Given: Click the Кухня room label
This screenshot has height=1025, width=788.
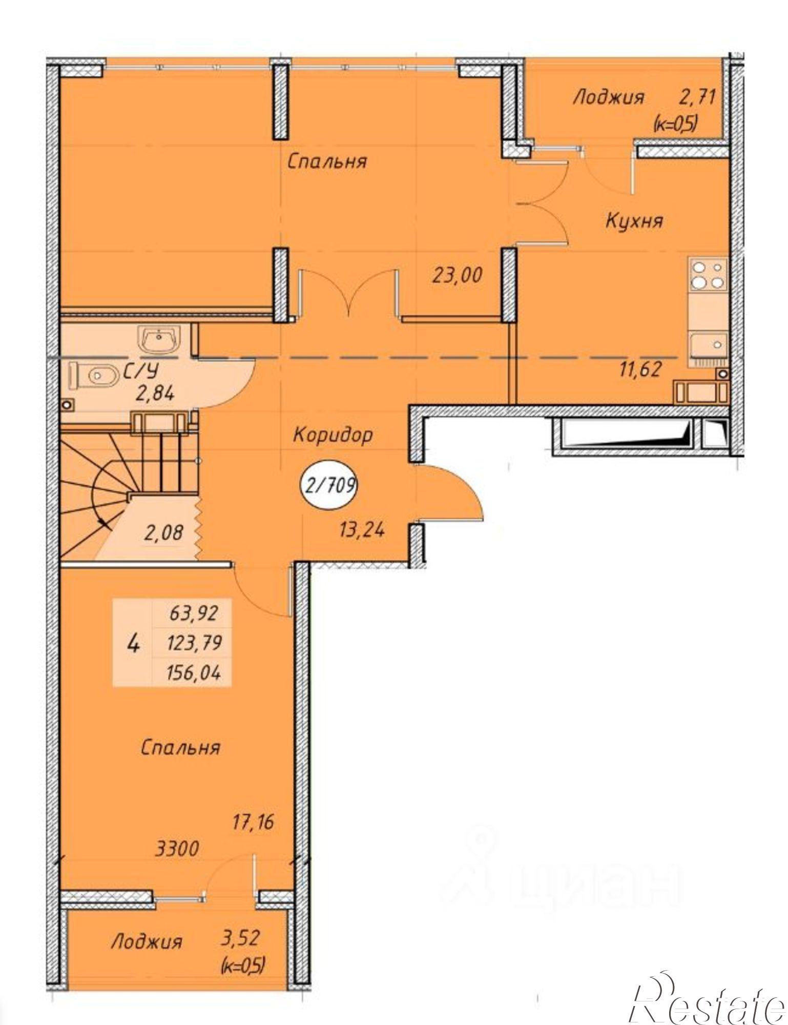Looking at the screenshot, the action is (634, 221).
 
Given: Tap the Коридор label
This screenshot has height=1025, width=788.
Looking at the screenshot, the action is (333, 435).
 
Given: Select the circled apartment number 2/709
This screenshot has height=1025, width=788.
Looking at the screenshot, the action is (328, 485).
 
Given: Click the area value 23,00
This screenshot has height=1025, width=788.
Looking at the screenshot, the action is (458, 276).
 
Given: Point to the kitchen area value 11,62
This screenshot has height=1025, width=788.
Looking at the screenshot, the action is (640, 368).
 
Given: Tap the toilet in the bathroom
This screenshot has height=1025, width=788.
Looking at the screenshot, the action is (92, 375).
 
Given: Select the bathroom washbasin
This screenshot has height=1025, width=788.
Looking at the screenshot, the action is (159, 338).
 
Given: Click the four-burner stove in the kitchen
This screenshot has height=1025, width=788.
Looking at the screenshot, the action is (708, 274).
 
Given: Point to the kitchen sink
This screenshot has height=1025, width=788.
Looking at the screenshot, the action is (708, 343).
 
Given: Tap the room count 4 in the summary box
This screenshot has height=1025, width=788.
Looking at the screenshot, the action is (133, 643).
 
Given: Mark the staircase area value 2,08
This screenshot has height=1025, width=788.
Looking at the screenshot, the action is (163, 533).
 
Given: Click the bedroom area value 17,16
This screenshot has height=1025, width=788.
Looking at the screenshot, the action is (253, 822).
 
